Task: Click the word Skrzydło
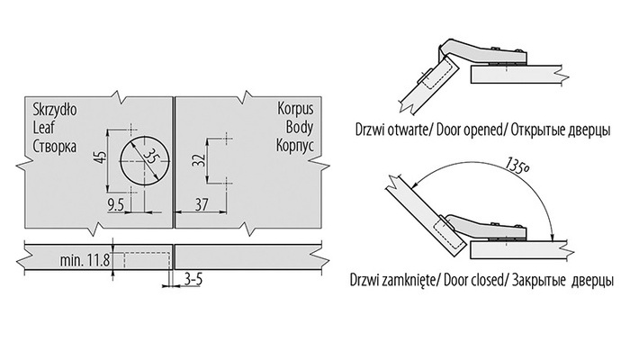[55, 109]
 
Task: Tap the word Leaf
[43, 128]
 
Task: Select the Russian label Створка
[55, 146]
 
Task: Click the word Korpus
[295, 109]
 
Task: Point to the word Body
[300, 127]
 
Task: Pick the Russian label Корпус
[295, 146]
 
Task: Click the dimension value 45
[102, 157]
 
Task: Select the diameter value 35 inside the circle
[149, 156]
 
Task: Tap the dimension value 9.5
[115, 205]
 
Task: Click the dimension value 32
[199, 160]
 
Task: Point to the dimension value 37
[202, 205]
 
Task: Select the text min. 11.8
[85, 260]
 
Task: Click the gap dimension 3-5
[193, 279]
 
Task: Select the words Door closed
[473, 280]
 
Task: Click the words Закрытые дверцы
[562, 280]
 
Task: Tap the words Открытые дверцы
[561, 130]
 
